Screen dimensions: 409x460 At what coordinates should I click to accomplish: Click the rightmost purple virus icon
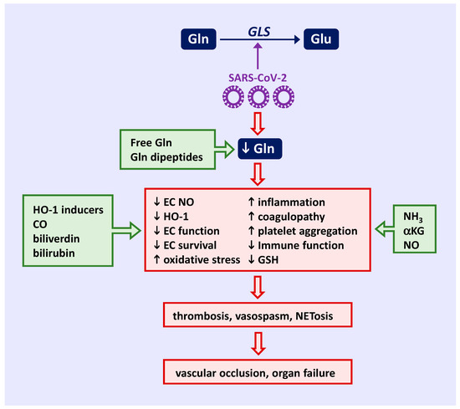coord(286,97)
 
